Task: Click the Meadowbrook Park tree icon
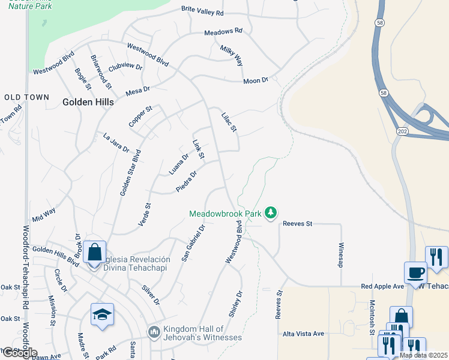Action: pos(271,212)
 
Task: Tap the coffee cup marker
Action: pos(415,273)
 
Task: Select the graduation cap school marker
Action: pos(102,314)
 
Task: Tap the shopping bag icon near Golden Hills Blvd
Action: pos(94,252)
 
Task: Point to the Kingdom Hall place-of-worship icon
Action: pos(154,332)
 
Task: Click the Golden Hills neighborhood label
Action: pos(88,103)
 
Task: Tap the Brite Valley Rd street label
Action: pos(202,12)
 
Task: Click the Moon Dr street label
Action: pos(255,80)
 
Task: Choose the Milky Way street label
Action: pos(231,56)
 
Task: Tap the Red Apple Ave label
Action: pos(382,286)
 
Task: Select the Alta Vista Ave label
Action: pos(303,334)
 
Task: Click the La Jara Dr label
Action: pos(116,142)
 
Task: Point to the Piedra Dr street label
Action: pos(186,182)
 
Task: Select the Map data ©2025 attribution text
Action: pos(423,355)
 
